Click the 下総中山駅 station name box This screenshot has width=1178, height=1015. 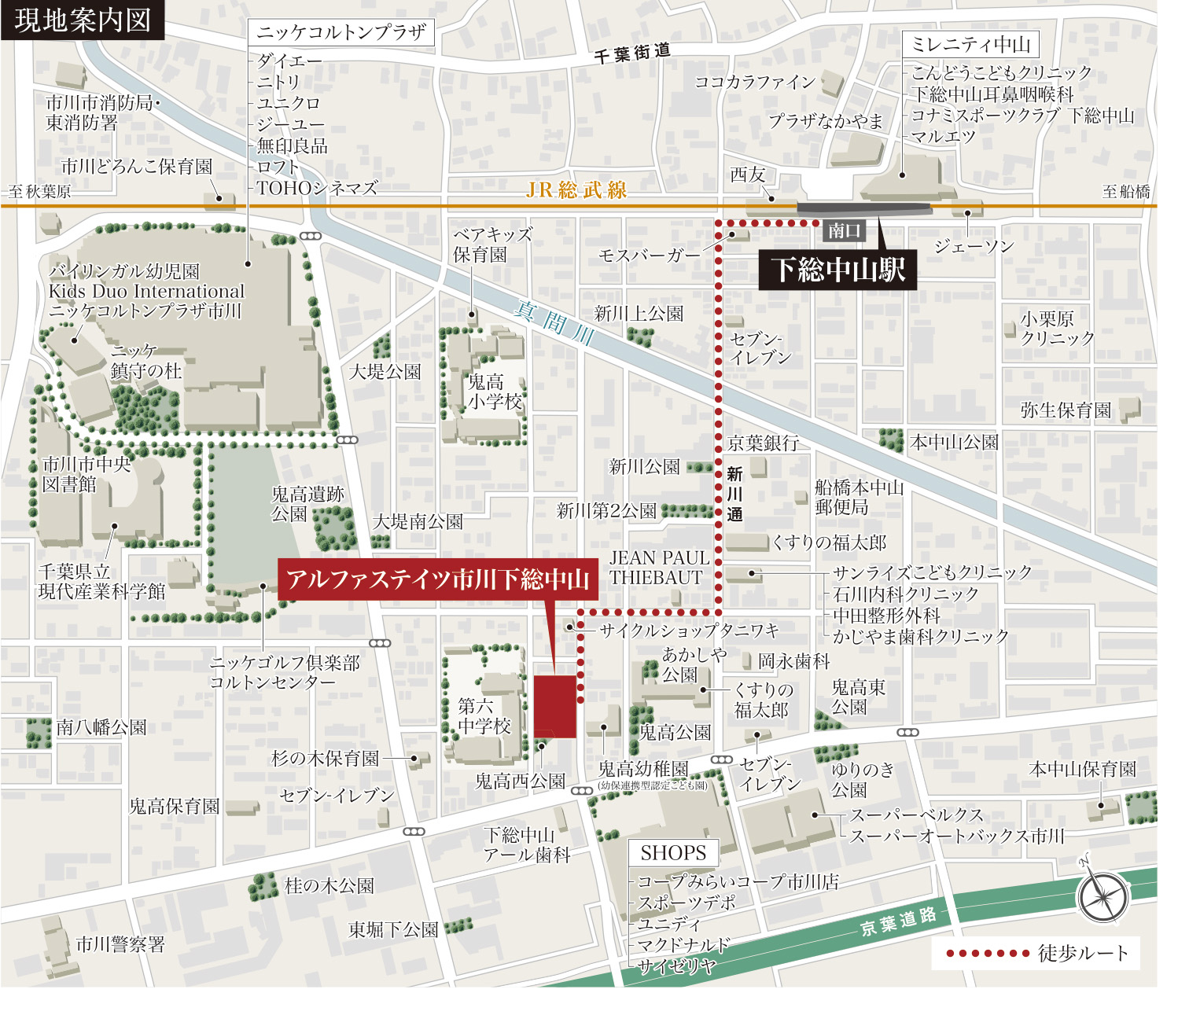point(837,270)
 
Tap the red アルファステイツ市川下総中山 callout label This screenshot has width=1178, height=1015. point(437,579)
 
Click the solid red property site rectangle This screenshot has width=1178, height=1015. point(555,705)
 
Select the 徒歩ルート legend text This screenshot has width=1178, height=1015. point(1083,954)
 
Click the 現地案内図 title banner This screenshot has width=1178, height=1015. point(83,20)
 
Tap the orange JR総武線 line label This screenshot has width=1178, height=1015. point(576,189)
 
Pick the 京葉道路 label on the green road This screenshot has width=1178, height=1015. point(898,921)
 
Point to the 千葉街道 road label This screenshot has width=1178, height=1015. point(632,53)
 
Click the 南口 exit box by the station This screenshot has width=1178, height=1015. point(844,230)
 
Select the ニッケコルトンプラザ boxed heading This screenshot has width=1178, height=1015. point(341,32)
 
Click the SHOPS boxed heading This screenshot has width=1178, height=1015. point(673,853)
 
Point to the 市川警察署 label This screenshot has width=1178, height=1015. point(120,944)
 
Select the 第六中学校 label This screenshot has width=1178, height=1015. point(484,715)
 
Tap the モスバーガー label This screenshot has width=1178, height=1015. point(649,255)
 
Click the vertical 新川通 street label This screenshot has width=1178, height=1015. point(734,494)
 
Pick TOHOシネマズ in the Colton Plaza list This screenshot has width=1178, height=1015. point(317,188)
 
